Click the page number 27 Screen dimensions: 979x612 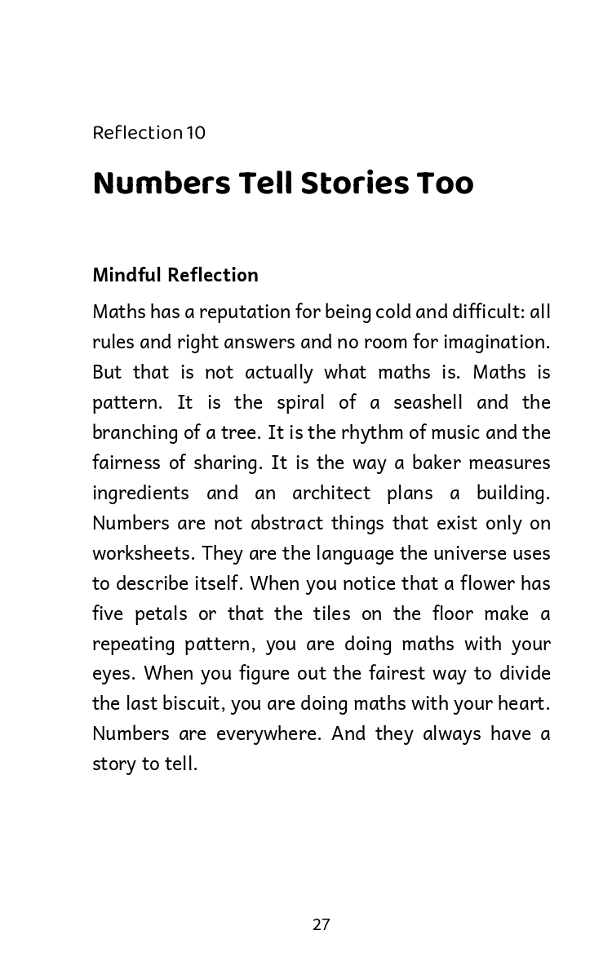[321, 924]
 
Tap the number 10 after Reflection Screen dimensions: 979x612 [196, 132]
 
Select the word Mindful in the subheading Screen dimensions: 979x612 [127, 275]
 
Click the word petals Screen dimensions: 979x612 [161, 614]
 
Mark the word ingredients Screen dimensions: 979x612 [140, 493]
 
